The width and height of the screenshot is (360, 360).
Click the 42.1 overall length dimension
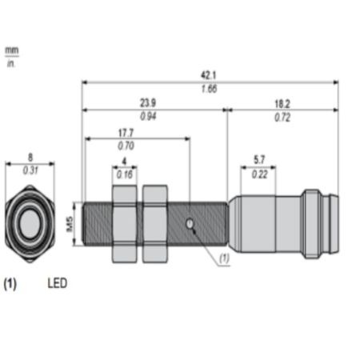tap(209, 75)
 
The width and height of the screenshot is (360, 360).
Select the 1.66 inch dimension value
tap(209, 89)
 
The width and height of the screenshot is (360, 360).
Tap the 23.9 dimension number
tap(148, 103)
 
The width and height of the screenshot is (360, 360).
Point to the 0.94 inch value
tap(148, 116)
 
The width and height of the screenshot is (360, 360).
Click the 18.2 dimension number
tap(282, 104)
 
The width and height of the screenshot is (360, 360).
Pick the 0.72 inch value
tap(282, 118)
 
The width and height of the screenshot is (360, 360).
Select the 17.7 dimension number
tap(126, 133)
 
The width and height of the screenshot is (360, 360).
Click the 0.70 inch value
tap(126, 146)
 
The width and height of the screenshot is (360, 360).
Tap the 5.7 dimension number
tap(259, 160)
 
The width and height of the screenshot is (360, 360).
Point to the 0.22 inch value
tap(259, 174)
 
